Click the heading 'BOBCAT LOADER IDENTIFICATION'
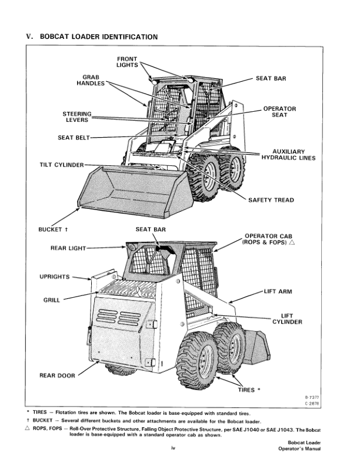[x=98, y=37]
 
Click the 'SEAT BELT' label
[x=72, y=138]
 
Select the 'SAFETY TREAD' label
[x=271, y=200]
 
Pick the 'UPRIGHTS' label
[x=54, y=277]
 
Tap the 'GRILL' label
[x=52, y=300]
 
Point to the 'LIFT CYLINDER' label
[x=287, y=319]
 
